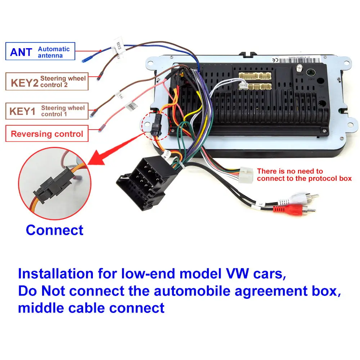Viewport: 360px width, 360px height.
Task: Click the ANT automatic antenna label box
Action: coord(40,51)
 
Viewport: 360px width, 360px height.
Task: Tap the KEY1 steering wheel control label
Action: coord(47,111)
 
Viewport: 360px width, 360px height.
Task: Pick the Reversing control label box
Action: coord(47,134)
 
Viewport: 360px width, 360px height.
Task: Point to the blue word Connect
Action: coord(55,230)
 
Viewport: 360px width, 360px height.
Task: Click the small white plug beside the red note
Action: coord(246,176)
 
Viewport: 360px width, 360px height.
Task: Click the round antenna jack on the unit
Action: coord(309,73)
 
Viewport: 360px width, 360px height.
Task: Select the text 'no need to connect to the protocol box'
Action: coord(304,175)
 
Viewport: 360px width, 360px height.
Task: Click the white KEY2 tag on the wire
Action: coord(118,47)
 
